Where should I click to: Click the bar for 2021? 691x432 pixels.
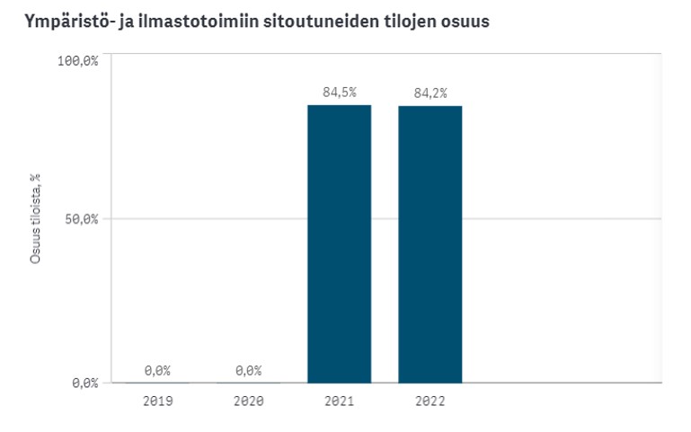pos(339,243)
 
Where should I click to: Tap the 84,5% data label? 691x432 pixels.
pos(339,92)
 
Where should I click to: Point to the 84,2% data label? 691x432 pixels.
pos(430,92)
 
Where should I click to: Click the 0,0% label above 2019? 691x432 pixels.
pos(157,370)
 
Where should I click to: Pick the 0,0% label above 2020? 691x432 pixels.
pos(248,370)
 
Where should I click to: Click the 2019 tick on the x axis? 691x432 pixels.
pos(157,401)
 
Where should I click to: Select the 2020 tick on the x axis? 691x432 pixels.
pos(248,401)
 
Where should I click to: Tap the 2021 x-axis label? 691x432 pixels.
pos(339,401)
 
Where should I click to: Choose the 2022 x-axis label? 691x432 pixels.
pos(430,401)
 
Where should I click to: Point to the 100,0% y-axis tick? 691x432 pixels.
pos(77,61)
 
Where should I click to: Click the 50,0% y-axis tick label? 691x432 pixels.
pos(80,219)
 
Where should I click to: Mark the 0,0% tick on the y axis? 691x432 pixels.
pos(84,384)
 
